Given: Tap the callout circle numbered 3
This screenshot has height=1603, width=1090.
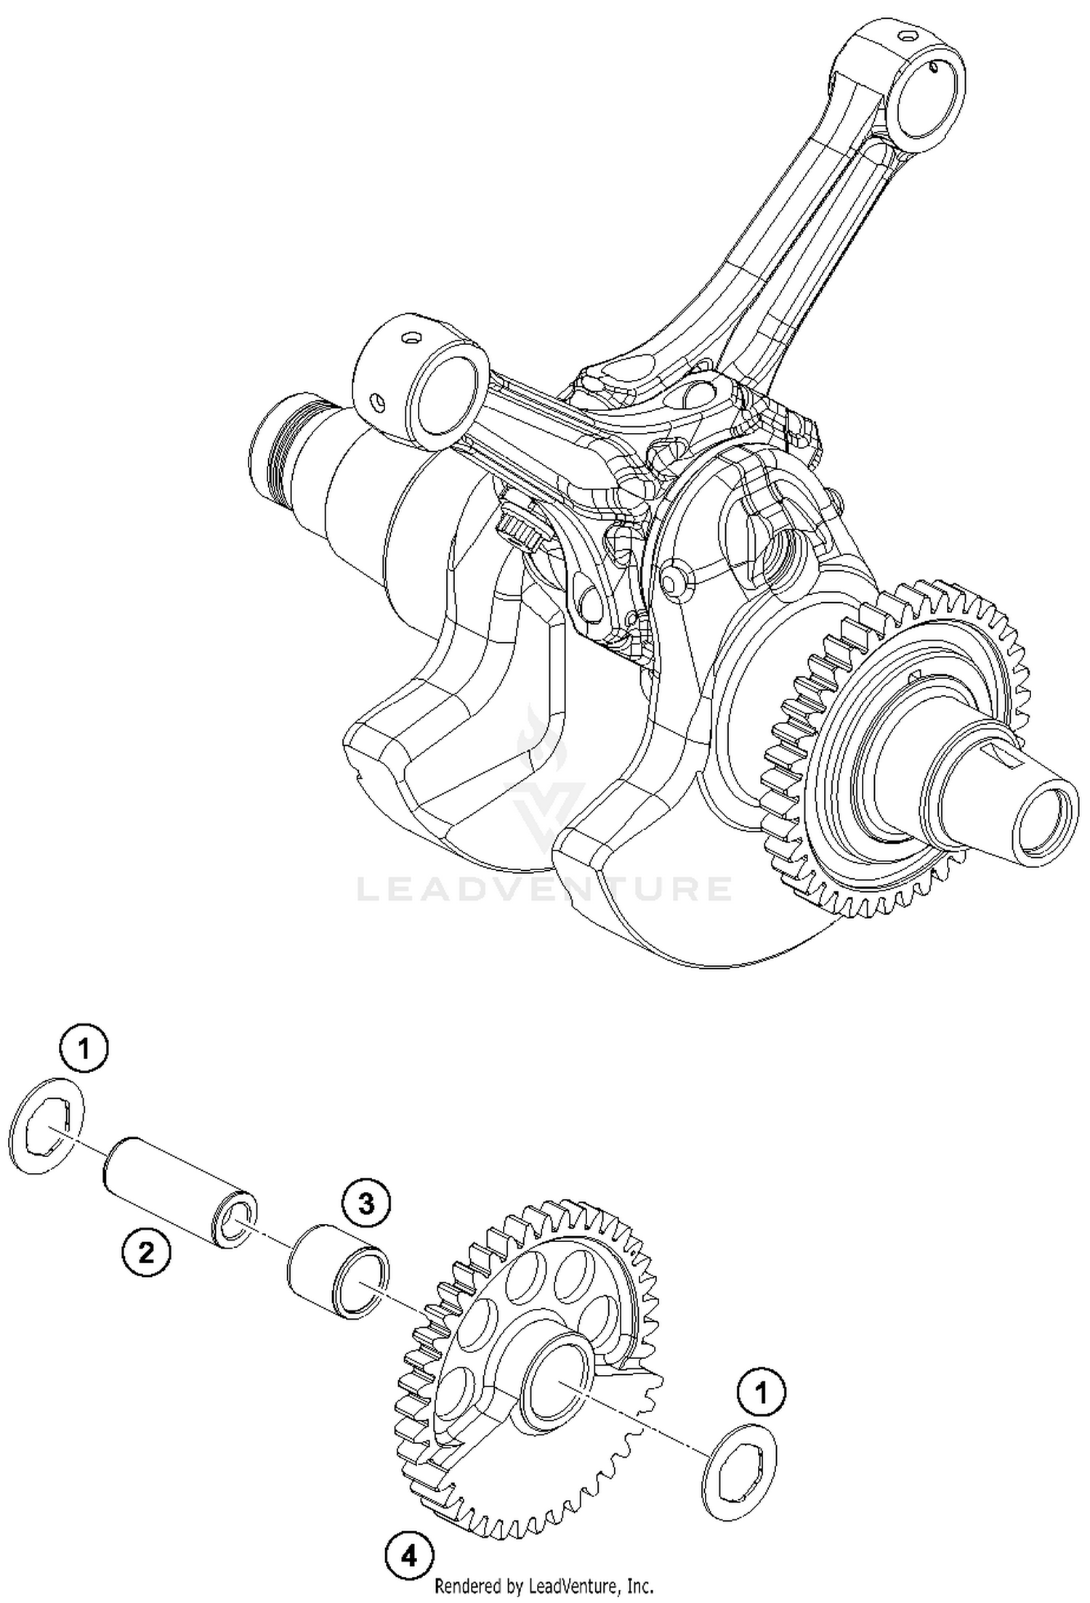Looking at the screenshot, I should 366,1204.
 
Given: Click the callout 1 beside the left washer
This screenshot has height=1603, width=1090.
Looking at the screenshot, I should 84,1048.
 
